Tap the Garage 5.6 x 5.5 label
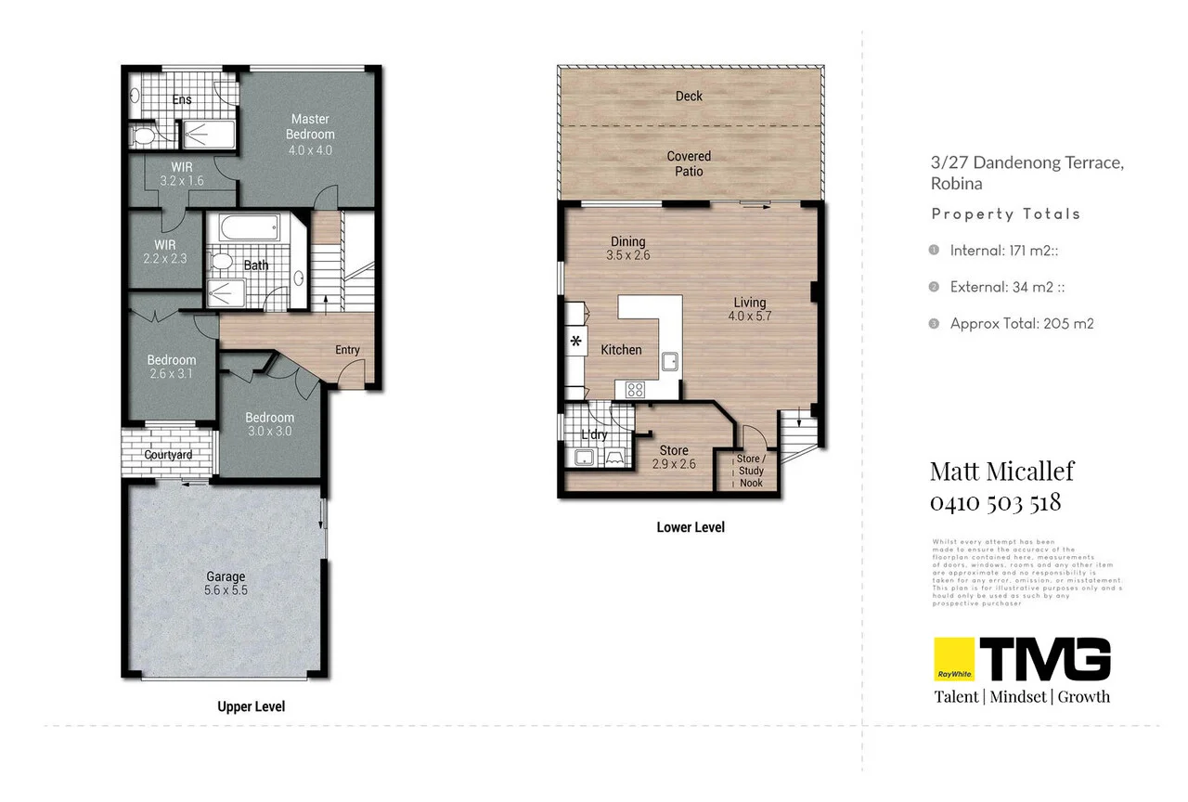tap(226, 583)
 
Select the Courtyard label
tap(168, 455)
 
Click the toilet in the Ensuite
tap(144, 136)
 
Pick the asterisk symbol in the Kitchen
tap(575, 342)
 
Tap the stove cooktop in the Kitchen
tap(636, 390)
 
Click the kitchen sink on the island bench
tap(668, 360)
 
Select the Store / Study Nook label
tap(750, 471)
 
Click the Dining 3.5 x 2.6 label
tap(627, 248)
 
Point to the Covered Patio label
tap(689, 163)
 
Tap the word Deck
tap(689, 96)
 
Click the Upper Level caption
tap(251, 706)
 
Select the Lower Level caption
tap(690, 527)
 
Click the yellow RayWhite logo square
tap(952, 660)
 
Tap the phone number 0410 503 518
tap(995, 503)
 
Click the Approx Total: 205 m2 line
tap(1021, 324)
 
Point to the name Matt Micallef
tap(1001, 471)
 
